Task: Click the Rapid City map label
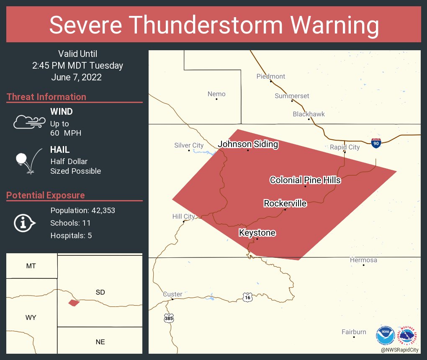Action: coord(345,147)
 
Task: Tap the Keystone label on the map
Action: coord(257,233)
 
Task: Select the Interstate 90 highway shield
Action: coord(376,143)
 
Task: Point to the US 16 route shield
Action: coord(247,297)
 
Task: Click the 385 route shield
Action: coord(169,318)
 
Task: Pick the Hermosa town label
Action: coord(363,260)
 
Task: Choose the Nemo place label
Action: coord(216,94)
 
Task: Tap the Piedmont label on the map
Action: coord(271,76)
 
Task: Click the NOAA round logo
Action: coord(385,335)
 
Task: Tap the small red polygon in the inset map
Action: coord(74,302)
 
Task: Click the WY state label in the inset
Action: coord(31,317)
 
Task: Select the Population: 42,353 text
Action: coord(82,210)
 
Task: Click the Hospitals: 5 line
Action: coord(71,235)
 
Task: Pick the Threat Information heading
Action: coord(46,97)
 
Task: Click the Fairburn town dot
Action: coord(354,337)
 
